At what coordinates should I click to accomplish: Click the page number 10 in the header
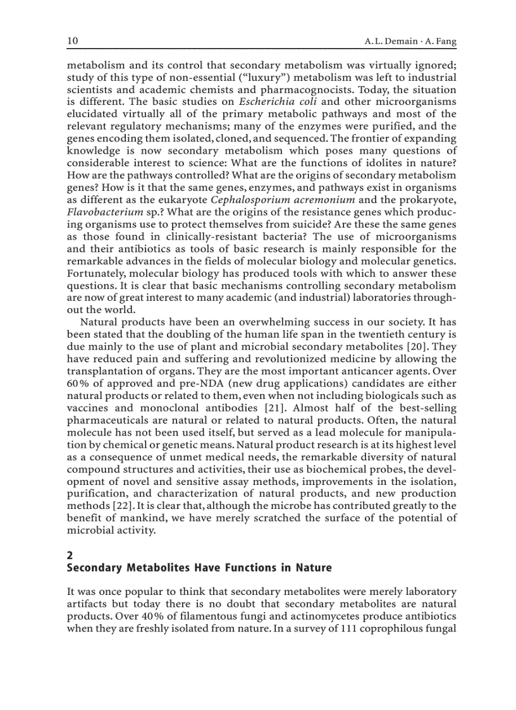[72, 41]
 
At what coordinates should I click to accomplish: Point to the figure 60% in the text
[78, 383]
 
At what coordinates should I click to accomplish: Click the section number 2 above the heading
[70, 555]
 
